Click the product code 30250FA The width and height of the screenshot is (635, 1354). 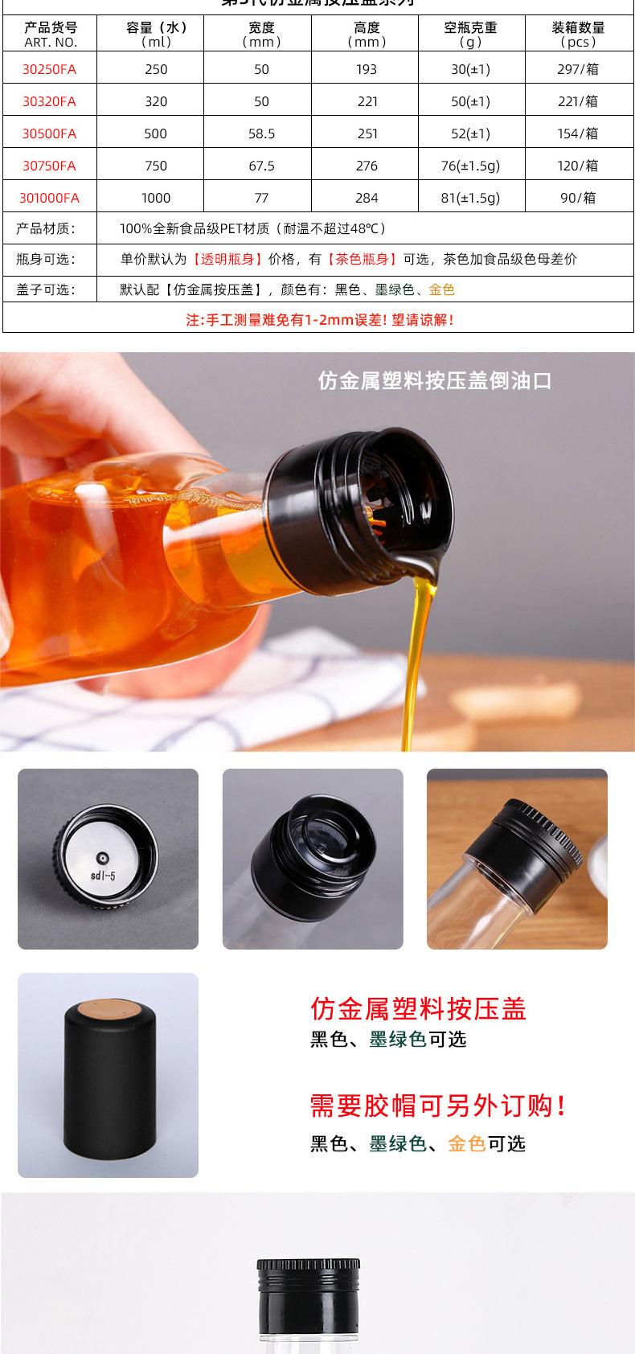[49, 69]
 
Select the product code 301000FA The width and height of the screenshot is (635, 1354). [49, 198]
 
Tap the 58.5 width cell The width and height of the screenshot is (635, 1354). [261, 133]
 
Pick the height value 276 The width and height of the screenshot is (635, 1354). [367, 166]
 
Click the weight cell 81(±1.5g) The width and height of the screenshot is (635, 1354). [470, 198]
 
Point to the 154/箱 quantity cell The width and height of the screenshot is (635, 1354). [578, 133]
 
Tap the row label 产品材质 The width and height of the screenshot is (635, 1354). [46, 229]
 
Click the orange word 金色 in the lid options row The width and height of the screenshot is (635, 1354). [441, 289]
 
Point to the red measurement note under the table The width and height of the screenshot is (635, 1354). [320, 320]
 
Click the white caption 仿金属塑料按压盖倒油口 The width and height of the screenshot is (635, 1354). [435, 380]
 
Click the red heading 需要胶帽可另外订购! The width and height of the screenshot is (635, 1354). [439, 1106]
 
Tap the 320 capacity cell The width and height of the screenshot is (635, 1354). [156, 101]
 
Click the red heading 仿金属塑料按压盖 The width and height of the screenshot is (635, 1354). [418, 1008]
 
